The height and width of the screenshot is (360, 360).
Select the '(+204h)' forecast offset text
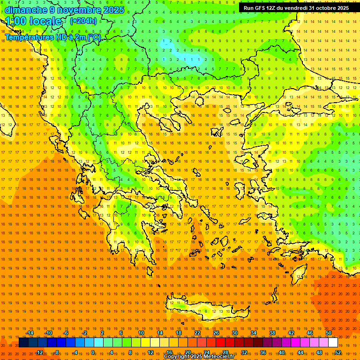click(83, 21)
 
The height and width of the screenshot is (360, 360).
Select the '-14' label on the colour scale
click(29, 333)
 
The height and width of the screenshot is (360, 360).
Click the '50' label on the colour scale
click(328, 333)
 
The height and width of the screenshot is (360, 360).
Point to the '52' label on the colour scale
click(337, 352)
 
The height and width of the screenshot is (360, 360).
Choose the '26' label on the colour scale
click(216, 333)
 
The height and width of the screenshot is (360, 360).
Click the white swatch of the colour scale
click(333, 343)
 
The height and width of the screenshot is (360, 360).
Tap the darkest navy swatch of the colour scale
click(23, 343)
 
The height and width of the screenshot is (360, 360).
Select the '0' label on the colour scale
click(93, 352)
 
